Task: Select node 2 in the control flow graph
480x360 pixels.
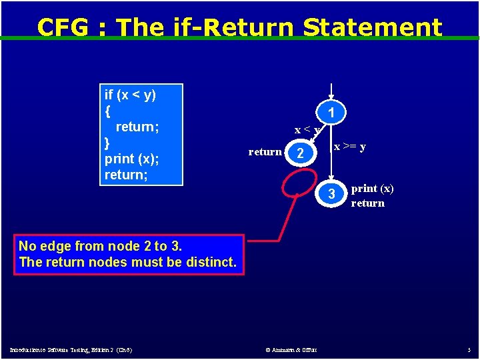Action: [301, 154]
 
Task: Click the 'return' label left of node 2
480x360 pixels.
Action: [265, 152]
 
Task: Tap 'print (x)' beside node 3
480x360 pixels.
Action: [373, 189]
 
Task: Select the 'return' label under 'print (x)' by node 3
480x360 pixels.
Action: [368, 203]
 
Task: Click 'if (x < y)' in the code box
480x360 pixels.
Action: [131, 95]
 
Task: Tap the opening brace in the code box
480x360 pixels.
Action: [107, 111]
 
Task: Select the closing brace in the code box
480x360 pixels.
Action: [107, 143]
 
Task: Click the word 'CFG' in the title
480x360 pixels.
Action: [63, 27]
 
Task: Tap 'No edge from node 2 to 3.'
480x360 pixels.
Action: [100, 246]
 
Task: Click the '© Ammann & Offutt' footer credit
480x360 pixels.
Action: [291, 349]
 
